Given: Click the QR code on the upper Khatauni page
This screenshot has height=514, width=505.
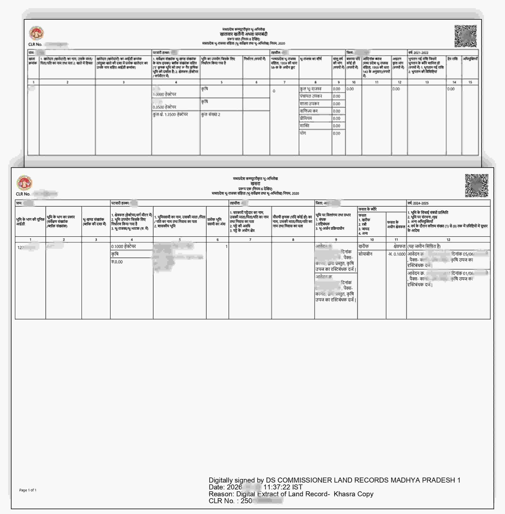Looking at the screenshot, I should tap(465, 36).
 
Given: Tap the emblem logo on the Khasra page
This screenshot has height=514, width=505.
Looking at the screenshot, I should tap(24, 183).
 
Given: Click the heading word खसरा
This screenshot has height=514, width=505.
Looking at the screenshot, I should tap(255, 184).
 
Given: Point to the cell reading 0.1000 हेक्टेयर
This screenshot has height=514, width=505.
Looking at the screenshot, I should tap(123, 246).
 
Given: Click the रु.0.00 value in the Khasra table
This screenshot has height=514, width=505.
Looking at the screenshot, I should tap(117, 262).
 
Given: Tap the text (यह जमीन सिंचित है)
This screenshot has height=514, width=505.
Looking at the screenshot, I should tap(424, 246).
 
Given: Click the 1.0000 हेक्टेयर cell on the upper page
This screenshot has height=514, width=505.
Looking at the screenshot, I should tap(164, 94).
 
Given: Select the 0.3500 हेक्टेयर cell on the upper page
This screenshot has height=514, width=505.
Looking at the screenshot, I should tap(164, 107).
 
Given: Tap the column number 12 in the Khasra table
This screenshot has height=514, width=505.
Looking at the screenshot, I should tap(448, 240).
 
